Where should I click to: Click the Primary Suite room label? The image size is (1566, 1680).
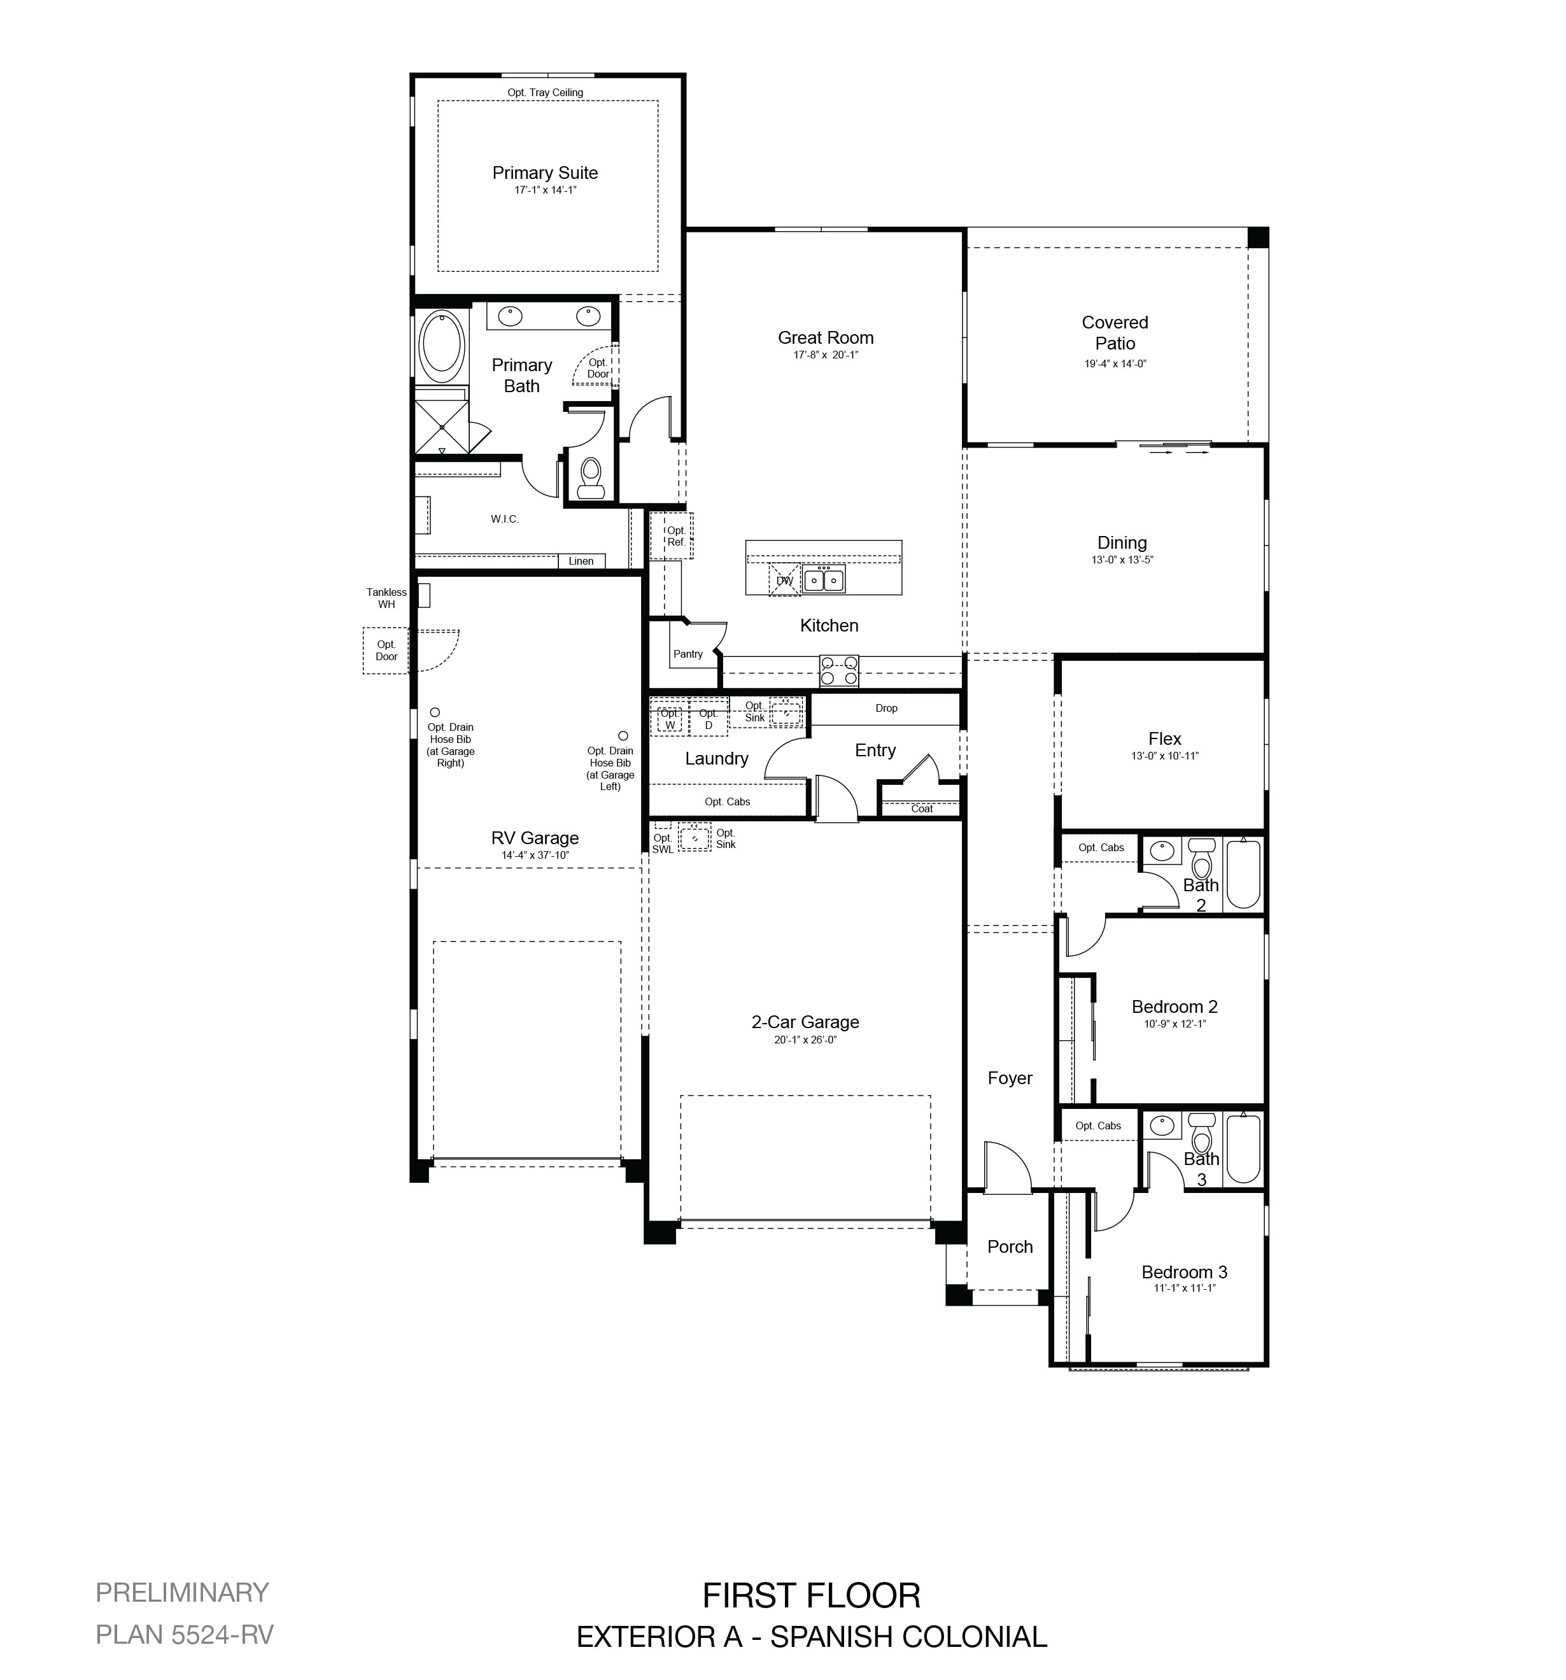click(545, 173)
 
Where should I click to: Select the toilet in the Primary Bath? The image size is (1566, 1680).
click(590, 478)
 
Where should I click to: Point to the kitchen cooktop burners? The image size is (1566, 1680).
click(838, 671)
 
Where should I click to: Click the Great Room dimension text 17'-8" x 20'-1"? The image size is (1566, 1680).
click(826, 355)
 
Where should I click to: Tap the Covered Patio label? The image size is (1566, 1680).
click(1115, 333)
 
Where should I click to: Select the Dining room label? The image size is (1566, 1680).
click(1122, 542)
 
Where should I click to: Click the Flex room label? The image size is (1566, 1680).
click(1164, 738)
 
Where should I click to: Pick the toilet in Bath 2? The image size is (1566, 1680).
click(1201, 859)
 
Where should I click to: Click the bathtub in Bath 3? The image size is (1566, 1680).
click(1243, 1148)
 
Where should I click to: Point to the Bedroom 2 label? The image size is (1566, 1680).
click(1174, 1006)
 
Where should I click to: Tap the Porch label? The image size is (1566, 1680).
click(1010, 1246)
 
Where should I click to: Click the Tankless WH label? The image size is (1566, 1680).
click(386, 598)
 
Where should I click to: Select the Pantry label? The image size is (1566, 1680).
click(688, 654)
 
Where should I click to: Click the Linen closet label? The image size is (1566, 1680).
click(581, 561)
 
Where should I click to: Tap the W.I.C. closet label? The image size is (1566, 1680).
click(505, 519)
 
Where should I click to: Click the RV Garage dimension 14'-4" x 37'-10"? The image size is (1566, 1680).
click(535, 855)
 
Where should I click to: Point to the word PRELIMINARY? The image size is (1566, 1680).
click(181, 1592)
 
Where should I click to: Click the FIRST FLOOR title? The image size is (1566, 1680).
click(811, 1595)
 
